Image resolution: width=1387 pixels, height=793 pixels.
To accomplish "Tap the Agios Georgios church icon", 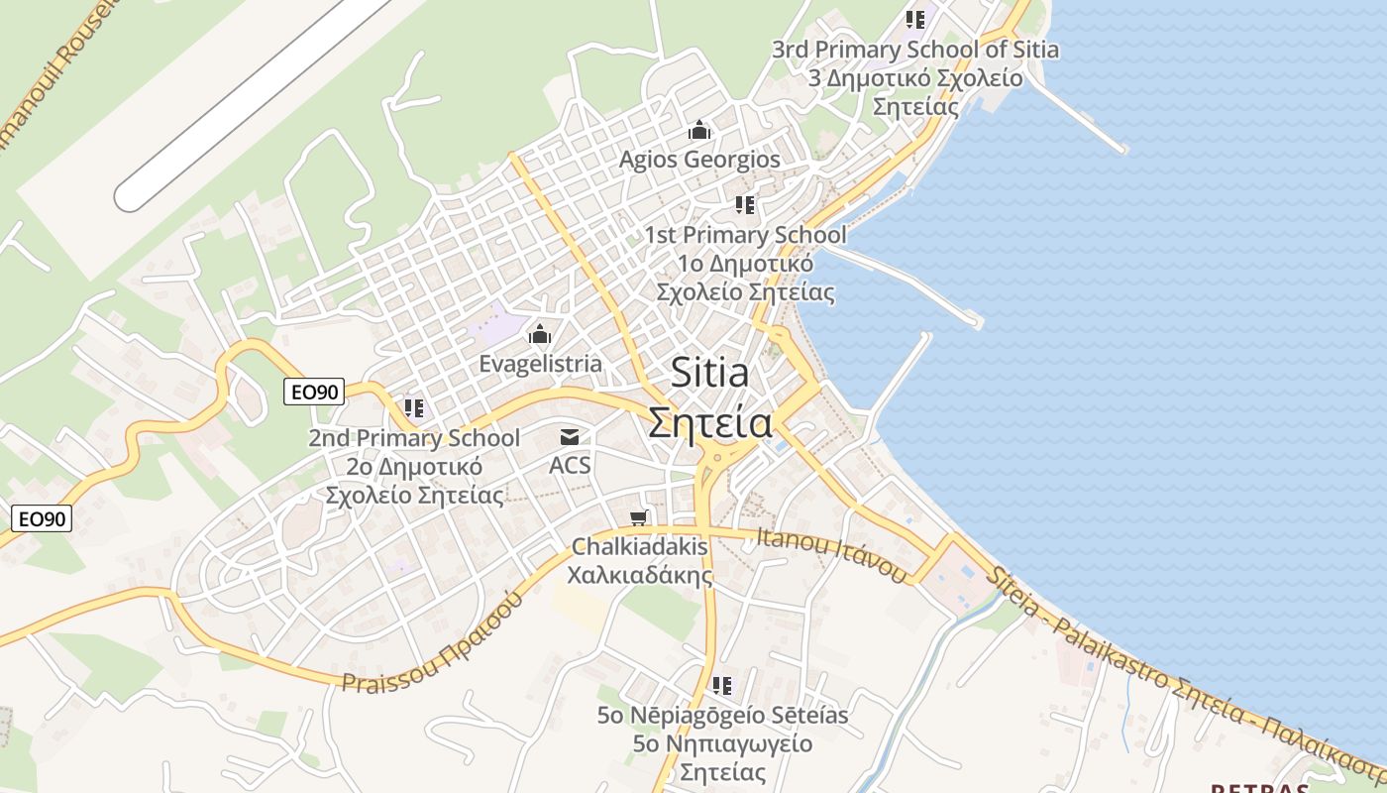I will (699, 130).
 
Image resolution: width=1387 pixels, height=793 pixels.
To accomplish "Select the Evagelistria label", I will (540, 364).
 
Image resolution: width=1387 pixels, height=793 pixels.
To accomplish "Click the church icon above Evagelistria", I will (540, 333).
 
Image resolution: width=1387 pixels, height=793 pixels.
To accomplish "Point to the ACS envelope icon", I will (570, 436).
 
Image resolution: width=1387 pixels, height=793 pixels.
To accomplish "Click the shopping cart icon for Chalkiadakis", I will (640, 517).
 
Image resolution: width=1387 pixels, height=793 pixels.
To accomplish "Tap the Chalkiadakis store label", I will (641, 560).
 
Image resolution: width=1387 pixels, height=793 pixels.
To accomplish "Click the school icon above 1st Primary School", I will (745, 205).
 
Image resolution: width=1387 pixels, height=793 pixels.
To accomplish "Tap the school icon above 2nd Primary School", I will (414, 407).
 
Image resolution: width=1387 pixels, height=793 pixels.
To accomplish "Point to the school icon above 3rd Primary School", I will (915, 19).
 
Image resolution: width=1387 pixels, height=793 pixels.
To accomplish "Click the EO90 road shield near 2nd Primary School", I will (314, 392).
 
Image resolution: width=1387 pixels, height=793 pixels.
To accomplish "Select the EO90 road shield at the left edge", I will (44, 517).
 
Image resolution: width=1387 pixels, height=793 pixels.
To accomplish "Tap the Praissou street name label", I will (432, 642).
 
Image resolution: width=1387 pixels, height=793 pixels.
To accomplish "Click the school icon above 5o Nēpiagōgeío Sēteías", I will (722, 685).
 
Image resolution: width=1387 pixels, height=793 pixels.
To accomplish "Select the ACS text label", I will (570, 464).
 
